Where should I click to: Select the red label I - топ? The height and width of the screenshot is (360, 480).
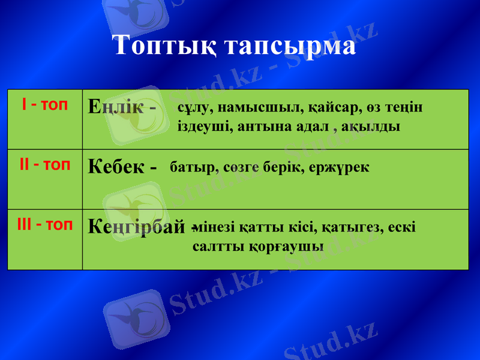click(44, 106)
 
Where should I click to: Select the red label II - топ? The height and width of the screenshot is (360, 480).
click(44, 164)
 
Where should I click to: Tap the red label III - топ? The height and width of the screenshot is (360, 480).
click(44, 225)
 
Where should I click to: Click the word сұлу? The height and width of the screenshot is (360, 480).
click(195, 108)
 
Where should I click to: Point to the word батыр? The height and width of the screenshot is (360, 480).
click(190, 167)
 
